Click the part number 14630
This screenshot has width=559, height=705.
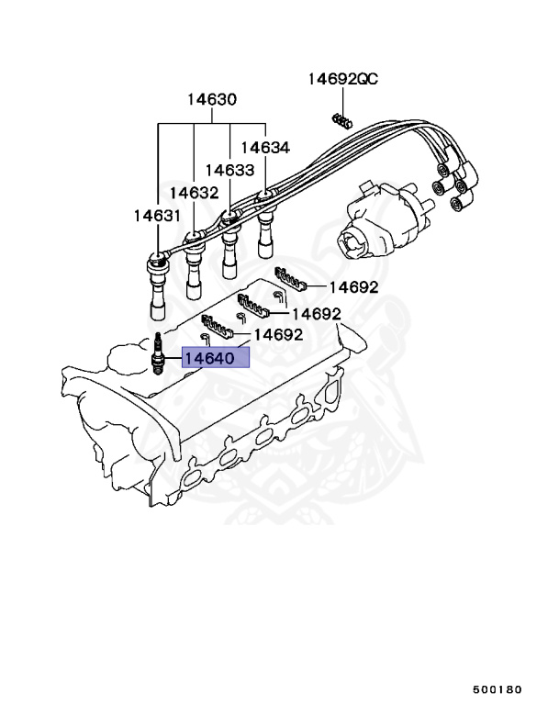[x=212, y=100]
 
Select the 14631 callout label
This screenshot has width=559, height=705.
[x=156, y=216]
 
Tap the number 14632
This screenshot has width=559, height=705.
[x=193, y=193]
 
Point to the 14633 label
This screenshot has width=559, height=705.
[x=229, y=170]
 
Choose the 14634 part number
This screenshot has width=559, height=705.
[x=265, y=147]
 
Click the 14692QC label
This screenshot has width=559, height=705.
[x=341, y=80]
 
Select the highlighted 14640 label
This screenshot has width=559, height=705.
[x=216, y=358]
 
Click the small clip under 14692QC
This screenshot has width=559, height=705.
[x=341, y=120]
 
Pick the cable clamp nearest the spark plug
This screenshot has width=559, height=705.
[x=218, y=326]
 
